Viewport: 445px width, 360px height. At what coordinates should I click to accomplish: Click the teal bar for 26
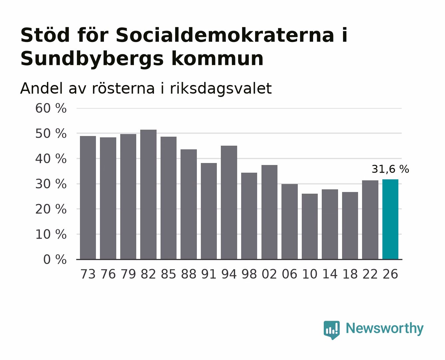[390, 219]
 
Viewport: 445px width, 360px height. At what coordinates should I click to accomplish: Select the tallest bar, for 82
[148, 194]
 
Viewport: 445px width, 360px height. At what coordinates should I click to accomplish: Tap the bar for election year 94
[229, 203]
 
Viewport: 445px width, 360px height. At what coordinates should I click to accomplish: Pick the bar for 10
[310, 227]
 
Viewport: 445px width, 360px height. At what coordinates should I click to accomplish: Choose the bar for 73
[88, 198]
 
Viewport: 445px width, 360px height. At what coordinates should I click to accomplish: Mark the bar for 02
[269, 212]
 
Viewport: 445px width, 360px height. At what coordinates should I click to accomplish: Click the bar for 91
[209, 211]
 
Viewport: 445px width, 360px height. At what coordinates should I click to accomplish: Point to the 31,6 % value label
[390, 169]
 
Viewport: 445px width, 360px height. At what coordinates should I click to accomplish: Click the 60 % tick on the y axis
[51, 108]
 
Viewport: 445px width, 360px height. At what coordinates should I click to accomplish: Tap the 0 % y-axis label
[55, 260]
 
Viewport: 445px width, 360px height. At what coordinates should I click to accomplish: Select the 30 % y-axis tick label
[51, 184]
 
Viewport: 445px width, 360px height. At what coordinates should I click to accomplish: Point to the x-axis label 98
[249, 274]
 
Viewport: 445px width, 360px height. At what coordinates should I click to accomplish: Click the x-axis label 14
[330, 274]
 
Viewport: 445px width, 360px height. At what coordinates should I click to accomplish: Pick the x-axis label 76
[108, 274]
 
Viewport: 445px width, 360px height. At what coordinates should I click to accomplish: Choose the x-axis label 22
[370, 274]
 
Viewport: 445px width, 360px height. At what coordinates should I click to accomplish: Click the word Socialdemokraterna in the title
[225, 35]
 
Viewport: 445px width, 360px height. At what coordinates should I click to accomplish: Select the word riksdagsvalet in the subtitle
[221, 89]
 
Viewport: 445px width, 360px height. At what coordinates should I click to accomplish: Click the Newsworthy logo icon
[331, 330]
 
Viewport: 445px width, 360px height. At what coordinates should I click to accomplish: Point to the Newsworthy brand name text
[385, 329]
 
